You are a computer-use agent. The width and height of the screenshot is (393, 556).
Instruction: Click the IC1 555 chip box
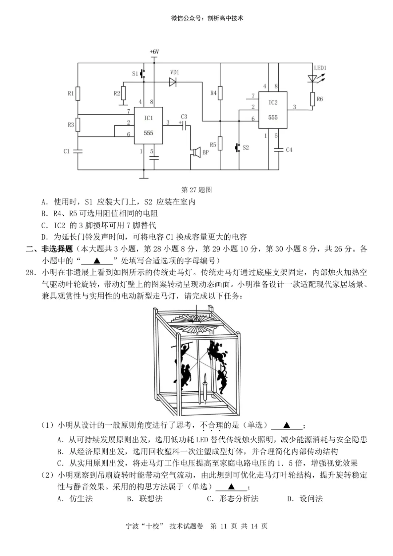click(148, 125)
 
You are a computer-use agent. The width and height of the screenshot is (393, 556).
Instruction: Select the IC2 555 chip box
click(273, 110)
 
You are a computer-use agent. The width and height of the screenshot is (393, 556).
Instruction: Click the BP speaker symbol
click(196, 152)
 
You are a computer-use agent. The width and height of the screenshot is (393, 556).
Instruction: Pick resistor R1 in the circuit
click(78, 94)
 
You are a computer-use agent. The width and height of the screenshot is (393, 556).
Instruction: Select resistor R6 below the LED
click(313, 99)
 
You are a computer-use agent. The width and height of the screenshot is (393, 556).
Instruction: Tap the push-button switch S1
click(143, 74)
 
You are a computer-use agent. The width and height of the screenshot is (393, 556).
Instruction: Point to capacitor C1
click(78, 151)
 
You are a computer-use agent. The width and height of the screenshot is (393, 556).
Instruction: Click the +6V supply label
click(154, 52)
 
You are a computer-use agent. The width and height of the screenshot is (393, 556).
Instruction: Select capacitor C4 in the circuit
click(278, 150)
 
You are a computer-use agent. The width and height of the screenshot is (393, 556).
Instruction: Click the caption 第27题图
click(196, 190)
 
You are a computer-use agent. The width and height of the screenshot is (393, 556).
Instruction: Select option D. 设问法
click(305, 499)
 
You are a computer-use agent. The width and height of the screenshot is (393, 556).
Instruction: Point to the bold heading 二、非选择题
click(49, 249)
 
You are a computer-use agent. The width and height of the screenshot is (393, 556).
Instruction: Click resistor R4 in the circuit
click(220, 93)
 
